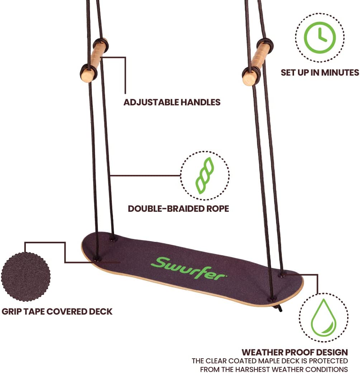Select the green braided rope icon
click(204, 176)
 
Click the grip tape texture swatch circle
click(25, 276)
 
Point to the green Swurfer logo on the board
click(188, 268)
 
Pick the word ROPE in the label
click(218, 209)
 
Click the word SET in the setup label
click(288, 72)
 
